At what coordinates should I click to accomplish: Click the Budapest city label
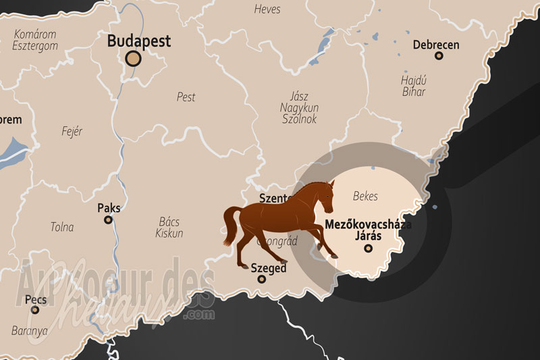point(139,41)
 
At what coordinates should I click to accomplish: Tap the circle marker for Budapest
point(134,59)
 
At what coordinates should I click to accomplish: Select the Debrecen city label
point(436,45)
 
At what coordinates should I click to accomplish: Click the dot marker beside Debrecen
point(439,56)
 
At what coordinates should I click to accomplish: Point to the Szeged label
point(269,268)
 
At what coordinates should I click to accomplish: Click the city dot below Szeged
point(262,279)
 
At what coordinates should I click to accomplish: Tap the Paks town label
point(109,208)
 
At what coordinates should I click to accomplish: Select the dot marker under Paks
point(108,220)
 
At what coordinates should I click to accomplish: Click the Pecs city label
point(35,299)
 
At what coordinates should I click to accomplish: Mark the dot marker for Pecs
point(35,310)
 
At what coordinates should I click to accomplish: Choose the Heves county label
point(267,9)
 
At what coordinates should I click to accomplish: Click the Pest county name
point(186,97)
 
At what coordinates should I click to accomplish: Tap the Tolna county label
point(62,227)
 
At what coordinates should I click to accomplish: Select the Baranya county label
point(30,331)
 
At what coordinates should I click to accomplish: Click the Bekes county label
point(365,196)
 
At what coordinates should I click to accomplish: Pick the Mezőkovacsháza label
point(368,224)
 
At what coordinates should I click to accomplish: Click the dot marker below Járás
point(368,249)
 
